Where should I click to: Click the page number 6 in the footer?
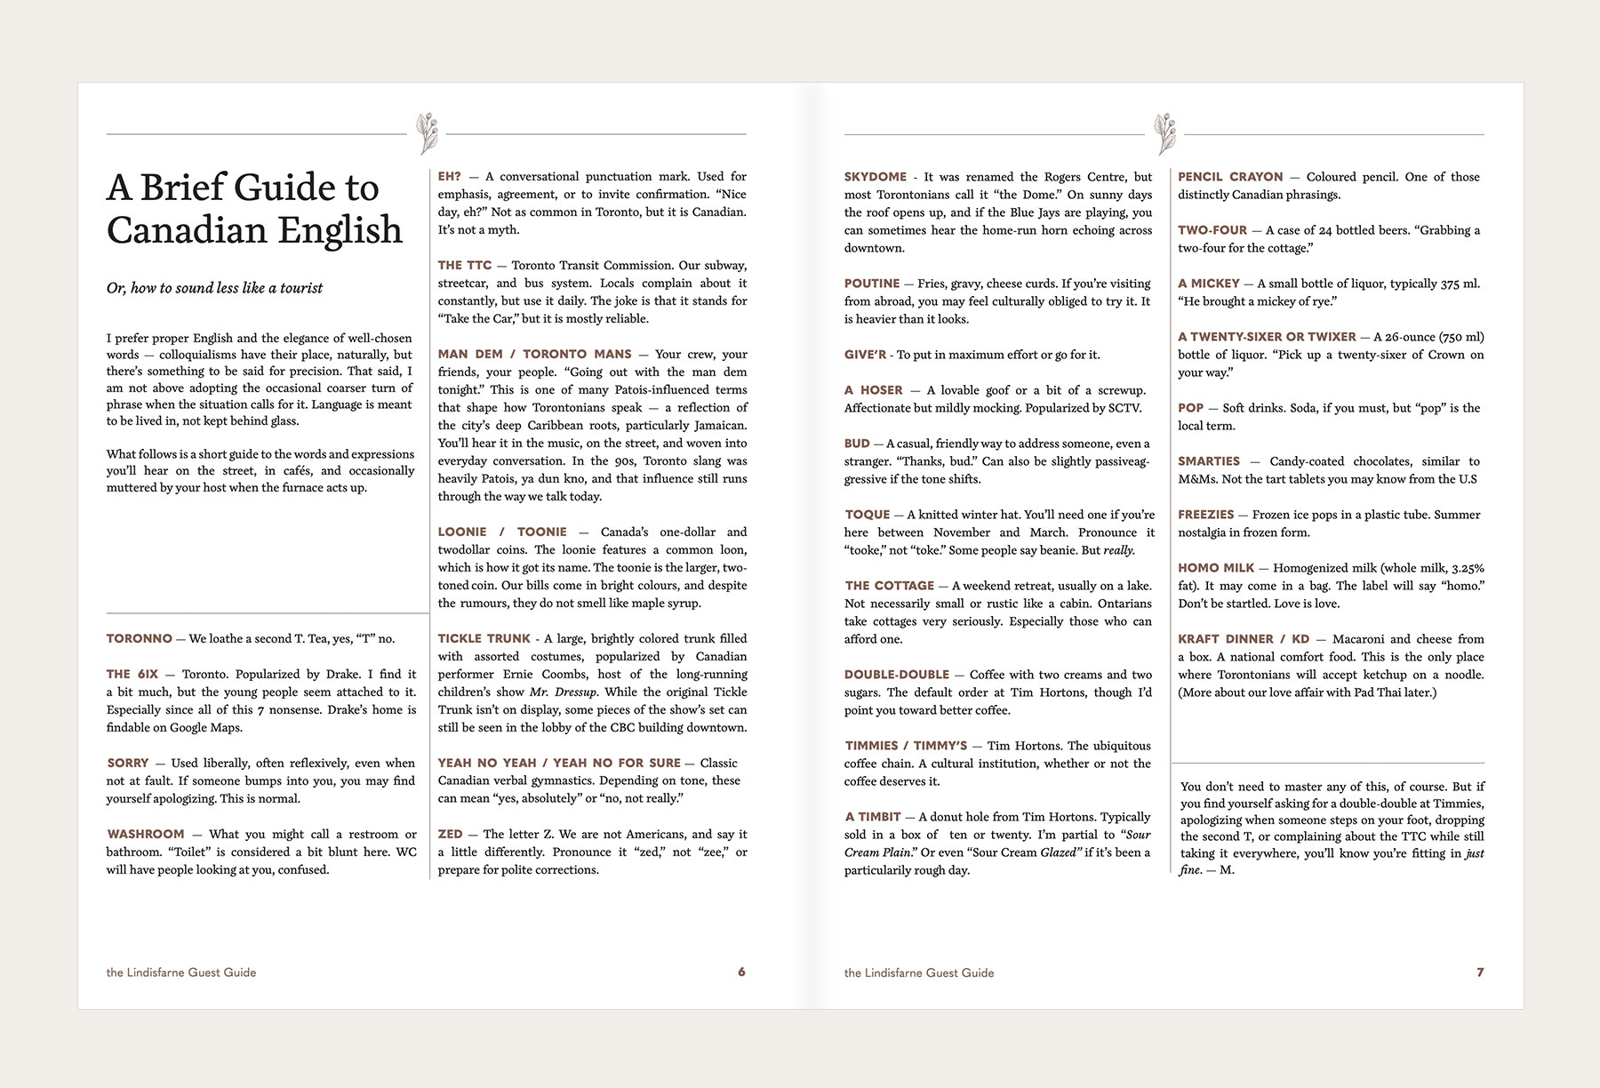click(x=741, y=972)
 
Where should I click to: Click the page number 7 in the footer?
click(x=1480, y=972)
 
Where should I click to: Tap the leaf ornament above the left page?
click(x=427, y=133)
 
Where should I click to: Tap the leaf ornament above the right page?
click(x=1164, y=133)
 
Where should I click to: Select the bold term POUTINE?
click(x=872, y=284)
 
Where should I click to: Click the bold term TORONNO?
click(x=139, y=639)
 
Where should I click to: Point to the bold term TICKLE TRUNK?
click(x=484, y=639)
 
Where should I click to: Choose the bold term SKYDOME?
click(x=876, y=177)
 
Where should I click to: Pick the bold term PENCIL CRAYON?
click(x=1230, y=177)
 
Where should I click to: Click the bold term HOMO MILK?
click(x=1216, y=568)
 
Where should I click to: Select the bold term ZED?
click(x=450, y=835)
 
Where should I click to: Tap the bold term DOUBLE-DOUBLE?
click(x=897, y=675)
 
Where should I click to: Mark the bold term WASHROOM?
click(x=146, y=835)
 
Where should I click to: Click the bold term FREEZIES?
click(x=1206, y=515)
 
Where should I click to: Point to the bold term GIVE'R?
click(x=865, y=355)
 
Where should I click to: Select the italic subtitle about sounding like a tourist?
click(x=214, y=288)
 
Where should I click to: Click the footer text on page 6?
click(x=181, y=972)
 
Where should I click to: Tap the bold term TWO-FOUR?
click(x=1212, y=230)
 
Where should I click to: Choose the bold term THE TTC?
click(x=464, y=266)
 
